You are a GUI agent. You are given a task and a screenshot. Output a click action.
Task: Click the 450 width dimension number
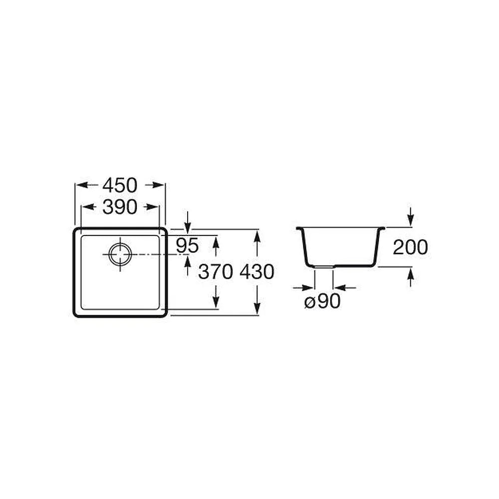[x=120, y=185]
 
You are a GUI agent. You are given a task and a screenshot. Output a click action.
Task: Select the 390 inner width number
[x=120, y=207]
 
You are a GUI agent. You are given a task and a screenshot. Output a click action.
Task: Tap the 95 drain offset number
[x=188, y=246]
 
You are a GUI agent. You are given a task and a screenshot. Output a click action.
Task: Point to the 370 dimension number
[x=215, y=272]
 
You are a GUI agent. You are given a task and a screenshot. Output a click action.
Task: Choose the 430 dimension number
[x=257, y=272]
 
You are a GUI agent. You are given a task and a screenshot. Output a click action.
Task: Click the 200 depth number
[x=410, y=248]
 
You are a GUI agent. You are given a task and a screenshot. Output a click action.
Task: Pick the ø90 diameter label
[x=322, y=301]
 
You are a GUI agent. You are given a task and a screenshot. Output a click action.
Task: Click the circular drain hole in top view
[x=120, y=254]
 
